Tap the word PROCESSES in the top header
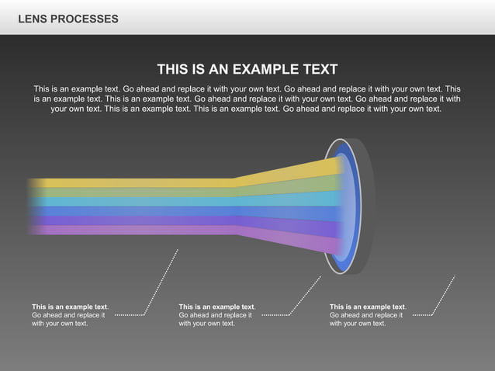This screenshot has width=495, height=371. pyautogui.click(x=85, y=19)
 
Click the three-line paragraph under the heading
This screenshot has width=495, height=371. pyautogui.click(x=247, y=99)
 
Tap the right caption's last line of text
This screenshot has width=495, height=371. pyautogui.click(x=358, y=324)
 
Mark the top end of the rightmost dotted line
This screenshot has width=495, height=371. pyautogui.click(x=455, y=276)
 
